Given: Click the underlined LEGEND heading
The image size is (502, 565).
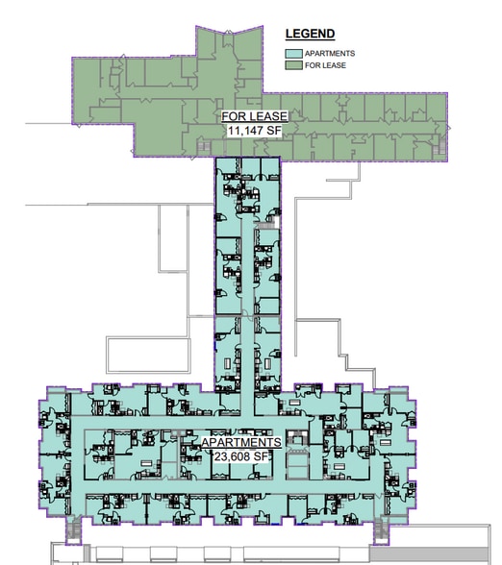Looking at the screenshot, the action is [310, 34].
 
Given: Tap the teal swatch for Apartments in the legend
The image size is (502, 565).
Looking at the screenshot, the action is [293, 54].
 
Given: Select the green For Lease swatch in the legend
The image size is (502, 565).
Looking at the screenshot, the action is [293, 65].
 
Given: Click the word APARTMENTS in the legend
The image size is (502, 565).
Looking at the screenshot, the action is [330, 54].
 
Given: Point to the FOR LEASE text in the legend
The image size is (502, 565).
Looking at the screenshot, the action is [325, 65].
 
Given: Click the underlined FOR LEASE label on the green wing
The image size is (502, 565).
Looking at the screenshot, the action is [255, 116].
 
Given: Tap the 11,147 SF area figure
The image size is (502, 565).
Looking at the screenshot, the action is [254, 131].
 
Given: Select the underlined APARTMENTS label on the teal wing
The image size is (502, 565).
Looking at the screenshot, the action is [241, 442].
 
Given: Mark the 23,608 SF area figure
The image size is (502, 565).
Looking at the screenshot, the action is [241, 456].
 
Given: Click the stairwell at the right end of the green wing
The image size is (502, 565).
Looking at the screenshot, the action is [439, 145].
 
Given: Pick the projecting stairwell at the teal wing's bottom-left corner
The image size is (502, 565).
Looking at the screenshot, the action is [73, 530].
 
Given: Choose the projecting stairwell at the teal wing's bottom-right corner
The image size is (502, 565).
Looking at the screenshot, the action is [381, 530].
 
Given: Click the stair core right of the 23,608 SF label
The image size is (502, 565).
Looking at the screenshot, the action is [298, 438].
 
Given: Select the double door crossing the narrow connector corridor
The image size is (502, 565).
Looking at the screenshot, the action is [247, 314].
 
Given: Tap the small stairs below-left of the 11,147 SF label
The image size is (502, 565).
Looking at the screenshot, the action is [203, 147].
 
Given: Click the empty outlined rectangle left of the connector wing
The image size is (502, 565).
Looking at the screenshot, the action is [148, 355].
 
